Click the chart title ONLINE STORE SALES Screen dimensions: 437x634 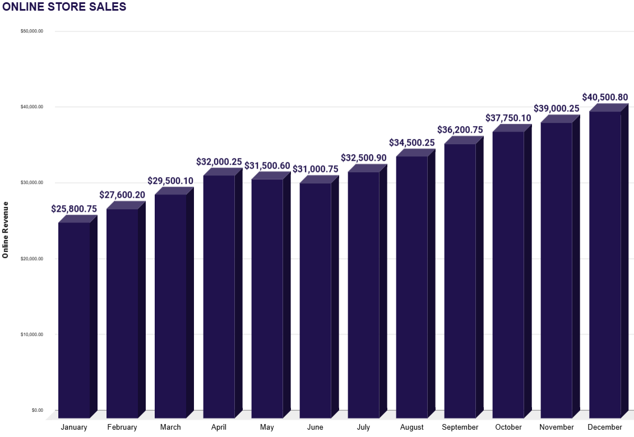[64, 7]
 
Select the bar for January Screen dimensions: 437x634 [74, 319]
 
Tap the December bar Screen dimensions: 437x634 [605, 263]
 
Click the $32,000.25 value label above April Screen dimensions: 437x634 [219, 162]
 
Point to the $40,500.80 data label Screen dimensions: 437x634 [605, 97]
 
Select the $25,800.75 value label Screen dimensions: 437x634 [74, 209]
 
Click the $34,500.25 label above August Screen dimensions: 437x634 [412, 143]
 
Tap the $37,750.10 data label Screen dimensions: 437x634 [508, 118]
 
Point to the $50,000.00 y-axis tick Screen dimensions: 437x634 [32, 31]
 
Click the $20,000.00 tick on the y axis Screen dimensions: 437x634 [32, 259]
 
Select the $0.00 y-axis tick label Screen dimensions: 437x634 [38, 410]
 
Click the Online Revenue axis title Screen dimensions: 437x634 [6, 229]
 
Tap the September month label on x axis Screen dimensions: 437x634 [460, 427]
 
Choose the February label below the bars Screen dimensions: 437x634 [122, 427]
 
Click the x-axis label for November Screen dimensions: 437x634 [557, 427]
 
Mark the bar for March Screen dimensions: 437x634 [170, 305]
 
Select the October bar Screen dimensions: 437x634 [508, 275]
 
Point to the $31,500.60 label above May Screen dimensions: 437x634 [267, 166]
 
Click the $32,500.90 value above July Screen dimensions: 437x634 [364, 158]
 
